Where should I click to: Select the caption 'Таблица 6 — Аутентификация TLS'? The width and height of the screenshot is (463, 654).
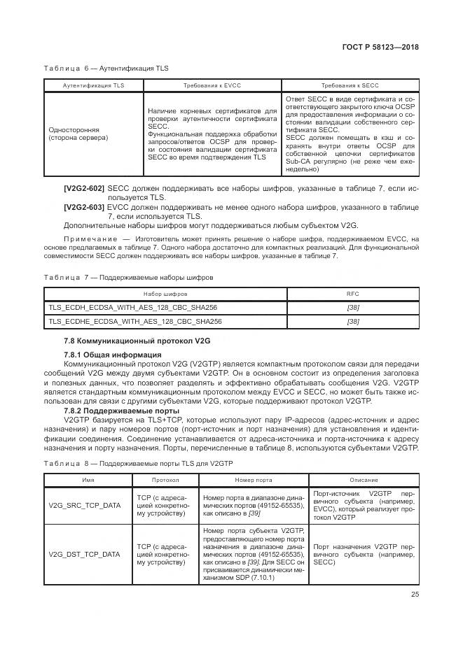(106, 69)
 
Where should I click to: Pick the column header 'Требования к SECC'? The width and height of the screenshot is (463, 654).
(350, 85)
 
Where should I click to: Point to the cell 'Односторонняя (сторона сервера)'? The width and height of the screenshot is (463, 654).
(78, 134)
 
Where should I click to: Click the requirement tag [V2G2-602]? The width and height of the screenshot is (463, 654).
(83, 189)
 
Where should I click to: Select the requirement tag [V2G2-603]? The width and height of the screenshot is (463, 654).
(83, 207)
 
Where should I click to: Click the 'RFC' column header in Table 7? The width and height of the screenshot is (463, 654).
(353, 294)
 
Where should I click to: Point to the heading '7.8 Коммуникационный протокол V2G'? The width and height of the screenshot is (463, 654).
(137, 340)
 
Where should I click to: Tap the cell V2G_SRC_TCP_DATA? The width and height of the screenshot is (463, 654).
(85, 504)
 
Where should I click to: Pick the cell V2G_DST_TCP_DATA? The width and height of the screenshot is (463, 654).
(85, 554)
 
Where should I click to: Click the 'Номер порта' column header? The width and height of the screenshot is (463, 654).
(253, 481)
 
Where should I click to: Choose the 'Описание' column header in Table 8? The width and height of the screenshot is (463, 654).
(364, 481)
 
